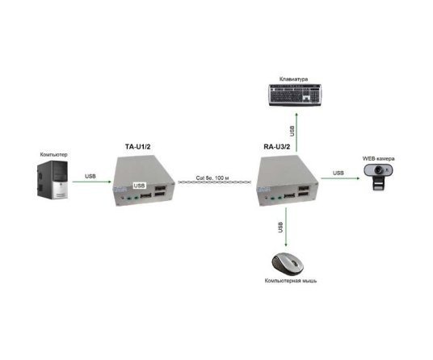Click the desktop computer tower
(53, 179)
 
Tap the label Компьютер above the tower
(53, 154)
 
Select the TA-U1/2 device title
(138, 146)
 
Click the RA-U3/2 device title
(277, 146)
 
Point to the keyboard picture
(295, 94)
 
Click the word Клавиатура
(293, 79)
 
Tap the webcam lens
(378, 170)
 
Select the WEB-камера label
(378, 159)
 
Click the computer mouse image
(288, 264)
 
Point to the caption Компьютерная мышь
(291, 281)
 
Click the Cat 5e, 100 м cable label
(212, 178)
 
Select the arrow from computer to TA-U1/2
(91, 182)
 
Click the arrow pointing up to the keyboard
(296, 132)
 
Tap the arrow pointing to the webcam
(340, 178)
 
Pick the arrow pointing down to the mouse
(286, 227)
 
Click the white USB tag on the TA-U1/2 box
(139, 186)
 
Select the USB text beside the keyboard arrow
(292, 131)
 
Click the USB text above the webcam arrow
(338, 173)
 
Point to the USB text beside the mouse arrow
(281, 227)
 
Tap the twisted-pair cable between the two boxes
(215, 182)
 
